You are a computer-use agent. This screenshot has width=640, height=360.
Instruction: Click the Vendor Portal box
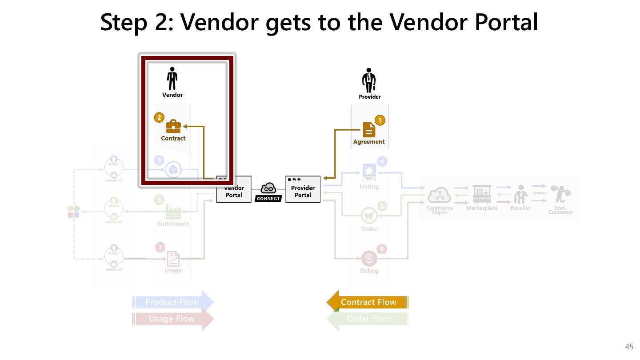pyautogui.click(x=234, y=191)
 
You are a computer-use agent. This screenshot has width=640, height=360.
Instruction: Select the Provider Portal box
pyautogui.click(x=303, y=190)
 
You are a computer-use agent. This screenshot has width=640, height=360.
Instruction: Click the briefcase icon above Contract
pyautogui.click(x=173, y=127)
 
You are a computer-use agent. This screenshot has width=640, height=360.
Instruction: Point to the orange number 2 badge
pyautogui.click(x=159, y=118)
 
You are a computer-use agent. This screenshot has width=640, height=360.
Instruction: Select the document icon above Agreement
pyautogui.click(x=369, y=130)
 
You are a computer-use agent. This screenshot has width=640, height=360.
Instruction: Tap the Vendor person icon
pyautogui.click(x=172, y=79)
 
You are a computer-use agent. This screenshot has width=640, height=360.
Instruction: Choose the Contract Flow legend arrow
pyautogui.click(x=368, y=302)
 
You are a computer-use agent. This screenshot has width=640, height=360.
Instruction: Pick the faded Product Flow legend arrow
pyautogui.click(x=173, y=302)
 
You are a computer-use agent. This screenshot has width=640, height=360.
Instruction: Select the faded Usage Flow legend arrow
pyautogui.click(x=173, y=319)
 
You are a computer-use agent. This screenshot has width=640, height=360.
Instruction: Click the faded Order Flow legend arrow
pyautogui.click(x=368, y=319)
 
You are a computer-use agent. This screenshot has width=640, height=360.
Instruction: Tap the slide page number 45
pyautogui.click(x=629, y=347)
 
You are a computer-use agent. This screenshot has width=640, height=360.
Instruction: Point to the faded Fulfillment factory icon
pyautogui.click(x=173, y=212)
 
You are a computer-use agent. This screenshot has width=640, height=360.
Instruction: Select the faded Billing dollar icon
pyautogui.click(x=369, y=259)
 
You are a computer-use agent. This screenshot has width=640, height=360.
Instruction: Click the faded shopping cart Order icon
pyautogui.click(x=369, y=216)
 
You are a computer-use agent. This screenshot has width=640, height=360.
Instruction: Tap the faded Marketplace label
pyautogui.click(x=482, y=208)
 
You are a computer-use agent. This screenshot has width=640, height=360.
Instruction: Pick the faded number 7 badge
pyautogui.click(x=159, y=247)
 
